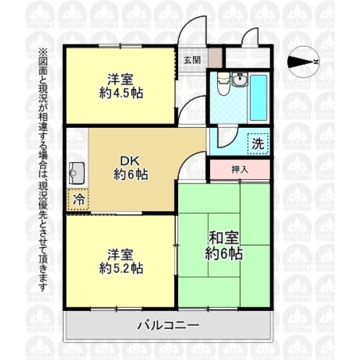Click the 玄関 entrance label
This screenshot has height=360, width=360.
(193, 60)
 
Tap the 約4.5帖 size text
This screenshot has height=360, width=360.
(121, 93)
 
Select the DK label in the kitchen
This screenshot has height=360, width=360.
(130, 161)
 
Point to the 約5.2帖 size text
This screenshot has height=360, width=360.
(121, 268)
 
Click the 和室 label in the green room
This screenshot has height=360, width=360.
(223, 238)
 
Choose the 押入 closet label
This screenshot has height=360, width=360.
(239, 169)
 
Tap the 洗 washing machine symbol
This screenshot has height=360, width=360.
(258, 144)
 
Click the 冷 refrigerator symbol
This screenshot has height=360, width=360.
(79, 200)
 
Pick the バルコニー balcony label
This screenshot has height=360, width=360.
(168, 325)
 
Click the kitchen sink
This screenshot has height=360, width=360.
(77, 173)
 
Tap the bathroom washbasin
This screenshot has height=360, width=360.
(239, 79)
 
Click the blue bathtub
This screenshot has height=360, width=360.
(259, 98)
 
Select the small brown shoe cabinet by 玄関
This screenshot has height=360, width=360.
(215, 58)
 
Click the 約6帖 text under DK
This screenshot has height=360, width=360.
(130, 175)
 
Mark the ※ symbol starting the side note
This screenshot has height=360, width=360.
(43, 52)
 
